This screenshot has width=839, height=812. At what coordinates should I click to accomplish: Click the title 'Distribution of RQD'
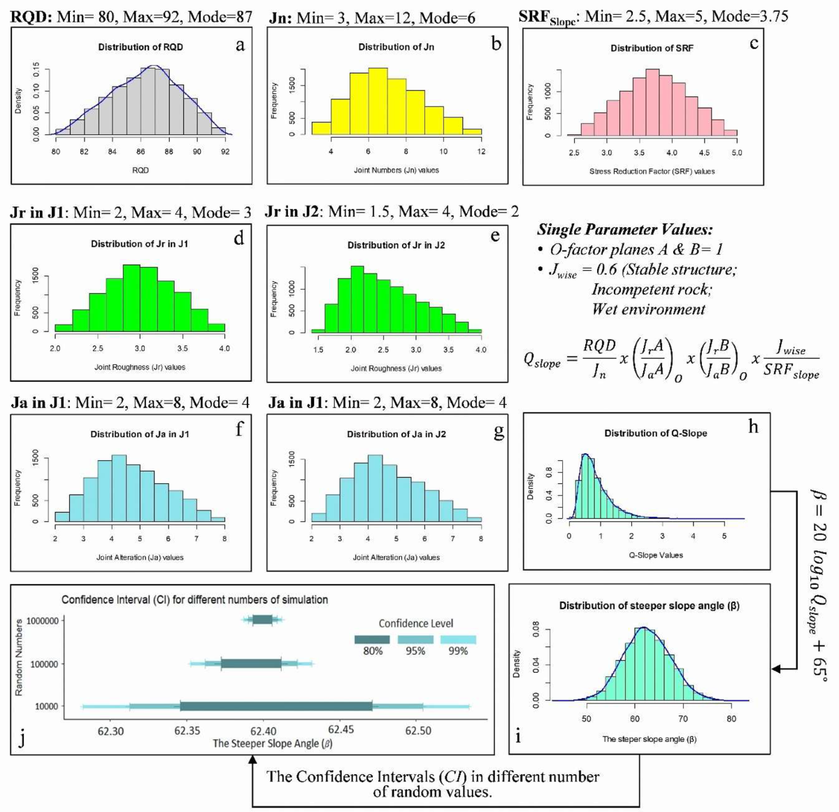141,47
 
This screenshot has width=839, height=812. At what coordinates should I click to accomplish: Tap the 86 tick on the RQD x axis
141,152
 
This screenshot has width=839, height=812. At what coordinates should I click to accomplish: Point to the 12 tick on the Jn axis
481,152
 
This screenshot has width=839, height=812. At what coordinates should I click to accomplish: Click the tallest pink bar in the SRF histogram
652,102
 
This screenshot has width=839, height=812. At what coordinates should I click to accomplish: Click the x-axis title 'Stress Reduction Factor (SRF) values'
652,171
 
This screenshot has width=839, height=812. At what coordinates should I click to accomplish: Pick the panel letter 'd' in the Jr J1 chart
239,238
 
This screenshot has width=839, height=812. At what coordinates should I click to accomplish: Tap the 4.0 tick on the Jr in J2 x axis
481,350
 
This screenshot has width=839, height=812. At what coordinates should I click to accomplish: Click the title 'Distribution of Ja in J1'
140,434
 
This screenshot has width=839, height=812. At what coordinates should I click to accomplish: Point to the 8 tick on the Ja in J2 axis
481,539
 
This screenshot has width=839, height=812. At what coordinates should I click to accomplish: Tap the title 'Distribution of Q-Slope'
656,433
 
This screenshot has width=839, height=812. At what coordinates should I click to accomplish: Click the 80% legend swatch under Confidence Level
372,639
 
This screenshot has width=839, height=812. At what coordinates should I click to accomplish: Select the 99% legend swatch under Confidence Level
458,639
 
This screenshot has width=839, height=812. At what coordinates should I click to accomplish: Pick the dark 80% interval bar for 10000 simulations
276,706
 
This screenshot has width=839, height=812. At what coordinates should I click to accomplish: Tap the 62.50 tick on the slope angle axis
418,731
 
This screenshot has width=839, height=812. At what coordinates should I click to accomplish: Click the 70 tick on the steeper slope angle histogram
683,718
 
